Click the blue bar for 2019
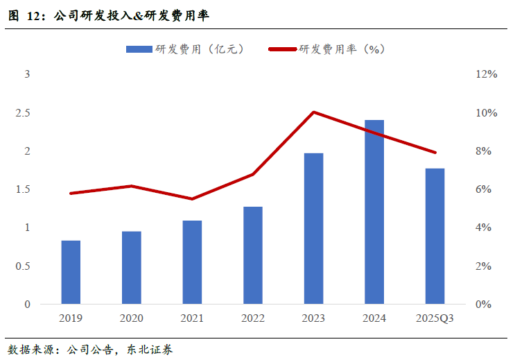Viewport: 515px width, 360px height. (71, 272)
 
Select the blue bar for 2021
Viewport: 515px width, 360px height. (192, 262)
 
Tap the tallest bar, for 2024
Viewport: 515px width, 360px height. (374, 212)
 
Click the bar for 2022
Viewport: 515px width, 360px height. (253, 255)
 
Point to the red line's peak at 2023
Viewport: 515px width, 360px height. (314, 112)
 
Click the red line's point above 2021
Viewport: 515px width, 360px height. (192, 199)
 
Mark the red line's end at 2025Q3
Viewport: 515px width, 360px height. (435, 153)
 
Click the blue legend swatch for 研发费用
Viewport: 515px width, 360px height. (139, 49)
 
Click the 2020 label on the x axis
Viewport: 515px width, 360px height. (131, 318)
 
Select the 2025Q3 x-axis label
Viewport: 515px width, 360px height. (435, 318)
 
